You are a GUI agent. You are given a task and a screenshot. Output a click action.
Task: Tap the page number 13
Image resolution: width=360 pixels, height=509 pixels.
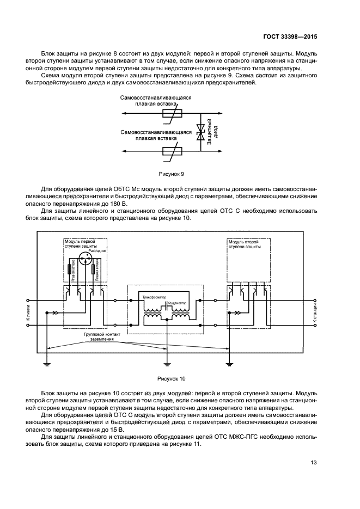[313, 463]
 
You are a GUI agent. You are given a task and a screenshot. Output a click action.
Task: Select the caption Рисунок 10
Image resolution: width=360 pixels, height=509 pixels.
[172, 377]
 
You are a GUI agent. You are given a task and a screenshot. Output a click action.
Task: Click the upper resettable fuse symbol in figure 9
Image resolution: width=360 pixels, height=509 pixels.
[171, 114]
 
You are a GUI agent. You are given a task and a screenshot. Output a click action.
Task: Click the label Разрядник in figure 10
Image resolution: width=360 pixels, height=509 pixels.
[96, 250]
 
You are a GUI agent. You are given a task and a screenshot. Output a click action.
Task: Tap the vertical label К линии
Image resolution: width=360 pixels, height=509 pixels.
[28, 313]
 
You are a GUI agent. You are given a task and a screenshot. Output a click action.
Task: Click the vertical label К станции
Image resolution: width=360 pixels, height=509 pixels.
[314, 314]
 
